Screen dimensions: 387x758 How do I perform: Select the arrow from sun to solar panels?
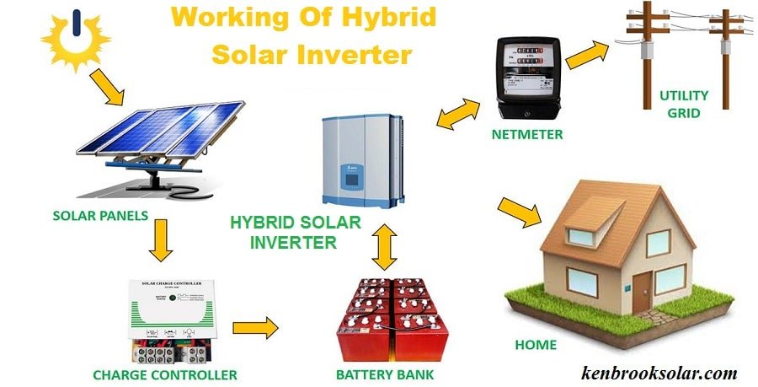point(109,88)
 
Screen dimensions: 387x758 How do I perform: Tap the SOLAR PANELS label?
point(100,215)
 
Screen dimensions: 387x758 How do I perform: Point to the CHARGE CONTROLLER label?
point(164,374)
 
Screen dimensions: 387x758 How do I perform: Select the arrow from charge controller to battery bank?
point(255,328)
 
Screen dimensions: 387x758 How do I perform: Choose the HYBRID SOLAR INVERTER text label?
point(296,233)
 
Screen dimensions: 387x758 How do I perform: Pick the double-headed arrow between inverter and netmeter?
point(458,114)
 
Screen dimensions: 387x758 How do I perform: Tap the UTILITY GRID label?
point(684,104)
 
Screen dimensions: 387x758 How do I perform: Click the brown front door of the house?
point(643,289)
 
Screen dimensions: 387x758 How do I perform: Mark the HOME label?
point(536,345)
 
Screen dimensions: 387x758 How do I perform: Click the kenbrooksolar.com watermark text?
point(659,373)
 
